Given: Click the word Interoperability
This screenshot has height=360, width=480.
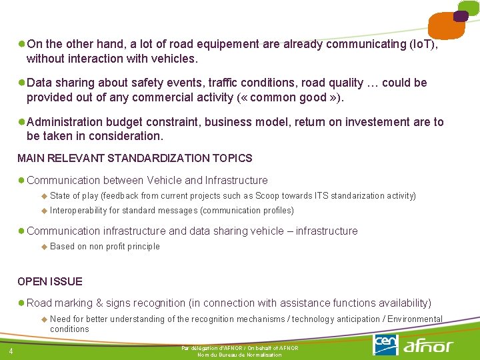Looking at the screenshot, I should (78, 210).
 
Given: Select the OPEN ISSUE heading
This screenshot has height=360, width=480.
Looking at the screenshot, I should (50, 281).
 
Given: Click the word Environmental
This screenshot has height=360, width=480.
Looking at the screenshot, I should (415, 319).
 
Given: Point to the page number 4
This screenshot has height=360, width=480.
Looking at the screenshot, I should (11, 351).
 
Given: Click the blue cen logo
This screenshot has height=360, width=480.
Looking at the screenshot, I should (386, 344).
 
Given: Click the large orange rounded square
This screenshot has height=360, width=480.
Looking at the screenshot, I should (447, 27).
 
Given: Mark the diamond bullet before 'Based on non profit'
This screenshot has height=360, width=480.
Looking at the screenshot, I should (44, 246).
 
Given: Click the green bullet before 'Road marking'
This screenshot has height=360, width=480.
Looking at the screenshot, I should (21, 303).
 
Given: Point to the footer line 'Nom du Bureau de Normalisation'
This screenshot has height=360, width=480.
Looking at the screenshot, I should (239, 355).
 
